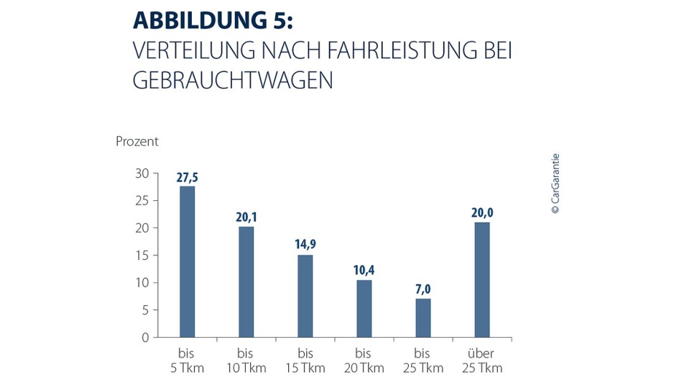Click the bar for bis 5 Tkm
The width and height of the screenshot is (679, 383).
coord(187,261)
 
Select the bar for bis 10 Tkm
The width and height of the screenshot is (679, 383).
coord(246,281)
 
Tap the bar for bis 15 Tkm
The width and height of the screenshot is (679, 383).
coord(305,296)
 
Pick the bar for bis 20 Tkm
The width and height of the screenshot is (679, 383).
coord(364,308)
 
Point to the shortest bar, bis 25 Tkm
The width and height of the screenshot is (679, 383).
coord(422,317)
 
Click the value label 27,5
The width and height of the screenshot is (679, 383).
coord(187,177)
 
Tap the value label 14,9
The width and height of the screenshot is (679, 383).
coord(305,245)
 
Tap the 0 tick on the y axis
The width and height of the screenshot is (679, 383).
coord(144,337)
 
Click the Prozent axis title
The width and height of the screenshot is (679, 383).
coord(137,141)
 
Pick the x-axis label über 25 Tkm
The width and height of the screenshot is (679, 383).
coord(481,361)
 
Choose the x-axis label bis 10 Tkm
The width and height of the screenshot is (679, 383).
coord(246,361)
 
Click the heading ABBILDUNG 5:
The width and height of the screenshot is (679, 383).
coord(213,22)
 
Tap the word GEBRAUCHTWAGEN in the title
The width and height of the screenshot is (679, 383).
coord(233,81)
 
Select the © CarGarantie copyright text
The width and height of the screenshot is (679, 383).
coord(555,184)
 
